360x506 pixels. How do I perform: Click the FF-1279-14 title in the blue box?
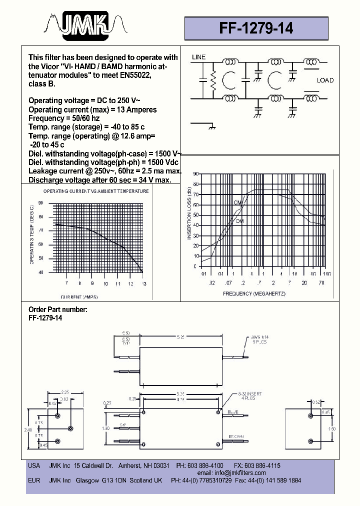[x=256, y=28]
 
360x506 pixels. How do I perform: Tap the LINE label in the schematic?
[x=198, y=57]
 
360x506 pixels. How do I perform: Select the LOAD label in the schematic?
[x=325, y=80]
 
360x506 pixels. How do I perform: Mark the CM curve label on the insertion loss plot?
[x=237, y=202]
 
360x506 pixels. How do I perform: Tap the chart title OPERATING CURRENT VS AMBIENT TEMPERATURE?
[x=96, y=191]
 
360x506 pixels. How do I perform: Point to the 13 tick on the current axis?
[x=144, y=283]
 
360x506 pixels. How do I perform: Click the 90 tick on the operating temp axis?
[x=40, y=203]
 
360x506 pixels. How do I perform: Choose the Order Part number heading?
[x=58, y=309]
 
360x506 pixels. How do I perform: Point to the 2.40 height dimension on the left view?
[x=28, y=429]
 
